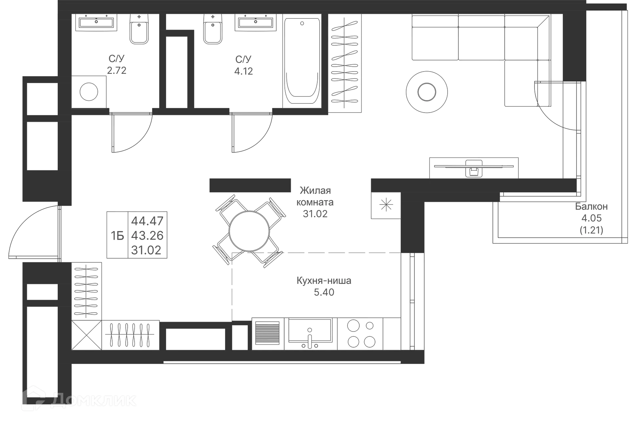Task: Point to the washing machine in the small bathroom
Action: tap(89, 92)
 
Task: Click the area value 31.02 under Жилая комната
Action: tap(315, 214)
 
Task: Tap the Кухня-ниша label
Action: tap(324, 281)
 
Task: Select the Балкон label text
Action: tap(592, 207)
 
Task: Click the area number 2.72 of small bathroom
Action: tap(117, 71)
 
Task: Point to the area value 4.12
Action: tap(244, 71)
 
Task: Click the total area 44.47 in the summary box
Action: tap(147, 221)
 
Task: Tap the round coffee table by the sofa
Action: tap(426, 92)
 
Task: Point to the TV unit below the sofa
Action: tap(473, 167)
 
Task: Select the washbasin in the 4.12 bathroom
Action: tap(255, 23)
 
